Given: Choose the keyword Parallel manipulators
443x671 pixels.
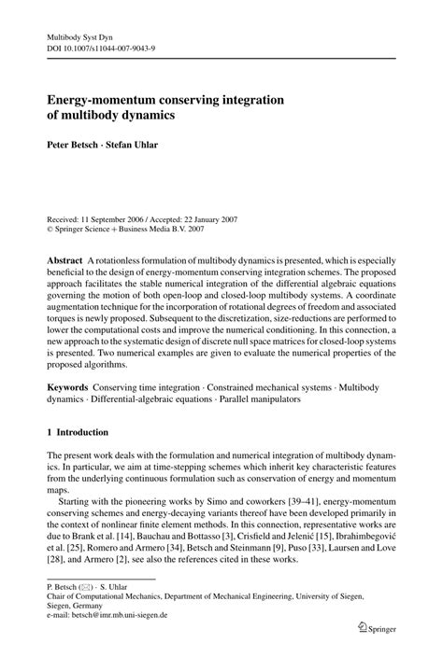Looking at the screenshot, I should click(277, 398).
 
